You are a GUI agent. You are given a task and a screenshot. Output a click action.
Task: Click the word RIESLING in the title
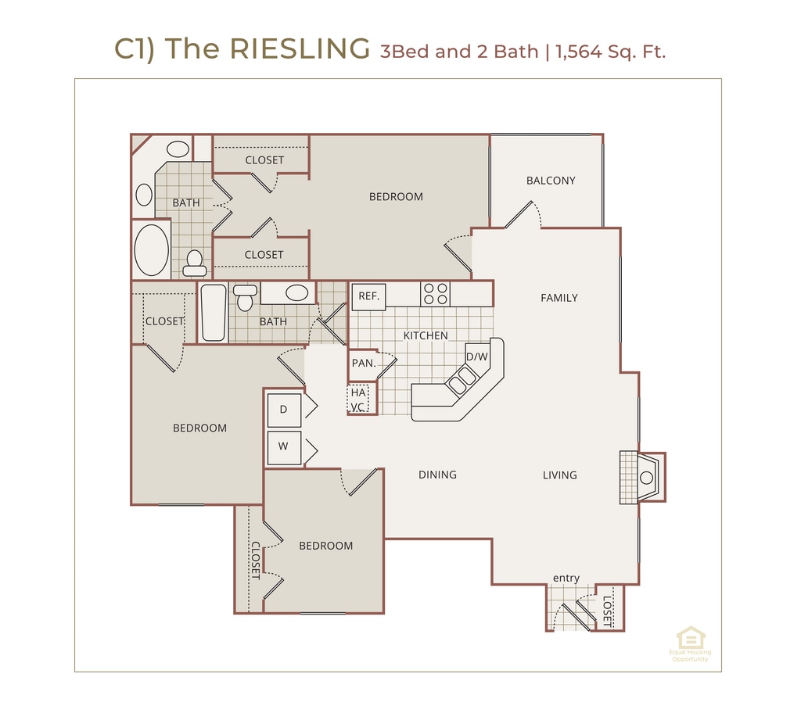coord(300,49)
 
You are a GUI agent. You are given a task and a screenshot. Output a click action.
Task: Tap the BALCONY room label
coord(551,181)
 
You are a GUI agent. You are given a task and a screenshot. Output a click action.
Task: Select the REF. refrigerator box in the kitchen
coord(369,296)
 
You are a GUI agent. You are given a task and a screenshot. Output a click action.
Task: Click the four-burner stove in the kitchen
coord(436,294)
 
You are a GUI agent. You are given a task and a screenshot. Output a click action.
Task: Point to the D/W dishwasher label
coord(476,357)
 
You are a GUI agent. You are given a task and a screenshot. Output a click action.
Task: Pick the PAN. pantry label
coord(363,363)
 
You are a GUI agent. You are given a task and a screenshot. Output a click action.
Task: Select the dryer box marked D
coord(284,409)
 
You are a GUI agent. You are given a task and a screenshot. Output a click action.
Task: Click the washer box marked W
coord(284,447)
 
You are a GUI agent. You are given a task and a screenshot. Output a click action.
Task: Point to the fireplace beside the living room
coord(643,477)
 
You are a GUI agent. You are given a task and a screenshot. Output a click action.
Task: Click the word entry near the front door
coord(566,579)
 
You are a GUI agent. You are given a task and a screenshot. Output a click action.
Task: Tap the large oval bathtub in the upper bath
coord(152,249)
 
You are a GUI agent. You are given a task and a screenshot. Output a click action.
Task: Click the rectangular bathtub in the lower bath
coord(214,313)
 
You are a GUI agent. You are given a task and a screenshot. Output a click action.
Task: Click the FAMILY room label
coord(559,298)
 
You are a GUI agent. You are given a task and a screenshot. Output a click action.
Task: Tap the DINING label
coord(437,475)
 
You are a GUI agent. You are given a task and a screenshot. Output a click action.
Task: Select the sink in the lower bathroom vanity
coord(296,293)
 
